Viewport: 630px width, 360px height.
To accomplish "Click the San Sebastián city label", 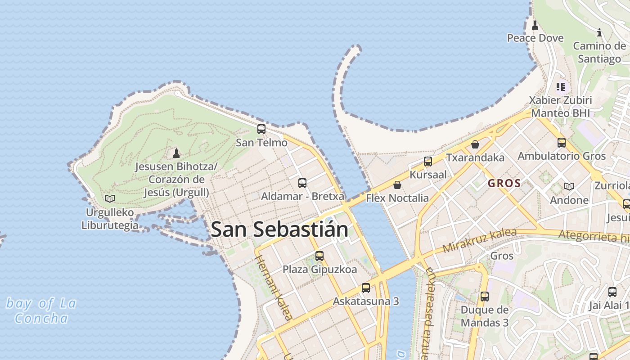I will point(279,229).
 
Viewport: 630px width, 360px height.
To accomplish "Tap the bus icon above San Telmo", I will point(261,130).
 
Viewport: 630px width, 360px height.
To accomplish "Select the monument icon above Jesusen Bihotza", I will point(176,153).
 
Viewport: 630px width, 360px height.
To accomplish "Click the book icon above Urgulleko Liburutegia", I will point(109,198).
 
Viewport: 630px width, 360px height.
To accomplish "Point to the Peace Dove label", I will point(535,38).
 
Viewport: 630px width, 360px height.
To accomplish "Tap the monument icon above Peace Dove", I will point(535,25).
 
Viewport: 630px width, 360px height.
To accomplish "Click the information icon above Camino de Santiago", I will point(599,32).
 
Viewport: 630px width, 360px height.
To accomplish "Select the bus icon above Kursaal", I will point(428,161).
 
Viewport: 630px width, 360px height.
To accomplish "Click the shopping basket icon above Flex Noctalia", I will point(397,185).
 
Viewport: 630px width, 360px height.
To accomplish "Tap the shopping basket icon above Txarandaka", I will point(475,144).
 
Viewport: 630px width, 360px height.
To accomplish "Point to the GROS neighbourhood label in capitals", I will point(504,184).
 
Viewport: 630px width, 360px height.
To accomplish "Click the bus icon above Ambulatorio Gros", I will point(562,143).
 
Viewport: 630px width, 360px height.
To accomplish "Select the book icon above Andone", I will point(569,186).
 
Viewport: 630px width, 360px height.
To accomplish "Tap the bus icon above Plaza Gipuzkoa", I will point(319,256).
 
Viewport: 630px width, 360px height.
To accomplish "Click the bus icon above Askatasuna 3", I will point(366,288).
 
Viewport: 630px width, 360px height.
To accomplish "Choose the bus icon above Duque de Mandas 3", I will point(485,297).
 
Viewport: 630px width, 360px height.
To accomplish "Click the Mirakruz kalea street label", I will point(479,241).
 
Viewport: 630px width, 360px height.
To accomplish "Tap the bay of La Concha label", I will point(41,310).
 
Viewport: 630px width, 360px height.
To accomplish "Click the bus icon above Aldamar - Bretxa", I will point(302,183).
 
